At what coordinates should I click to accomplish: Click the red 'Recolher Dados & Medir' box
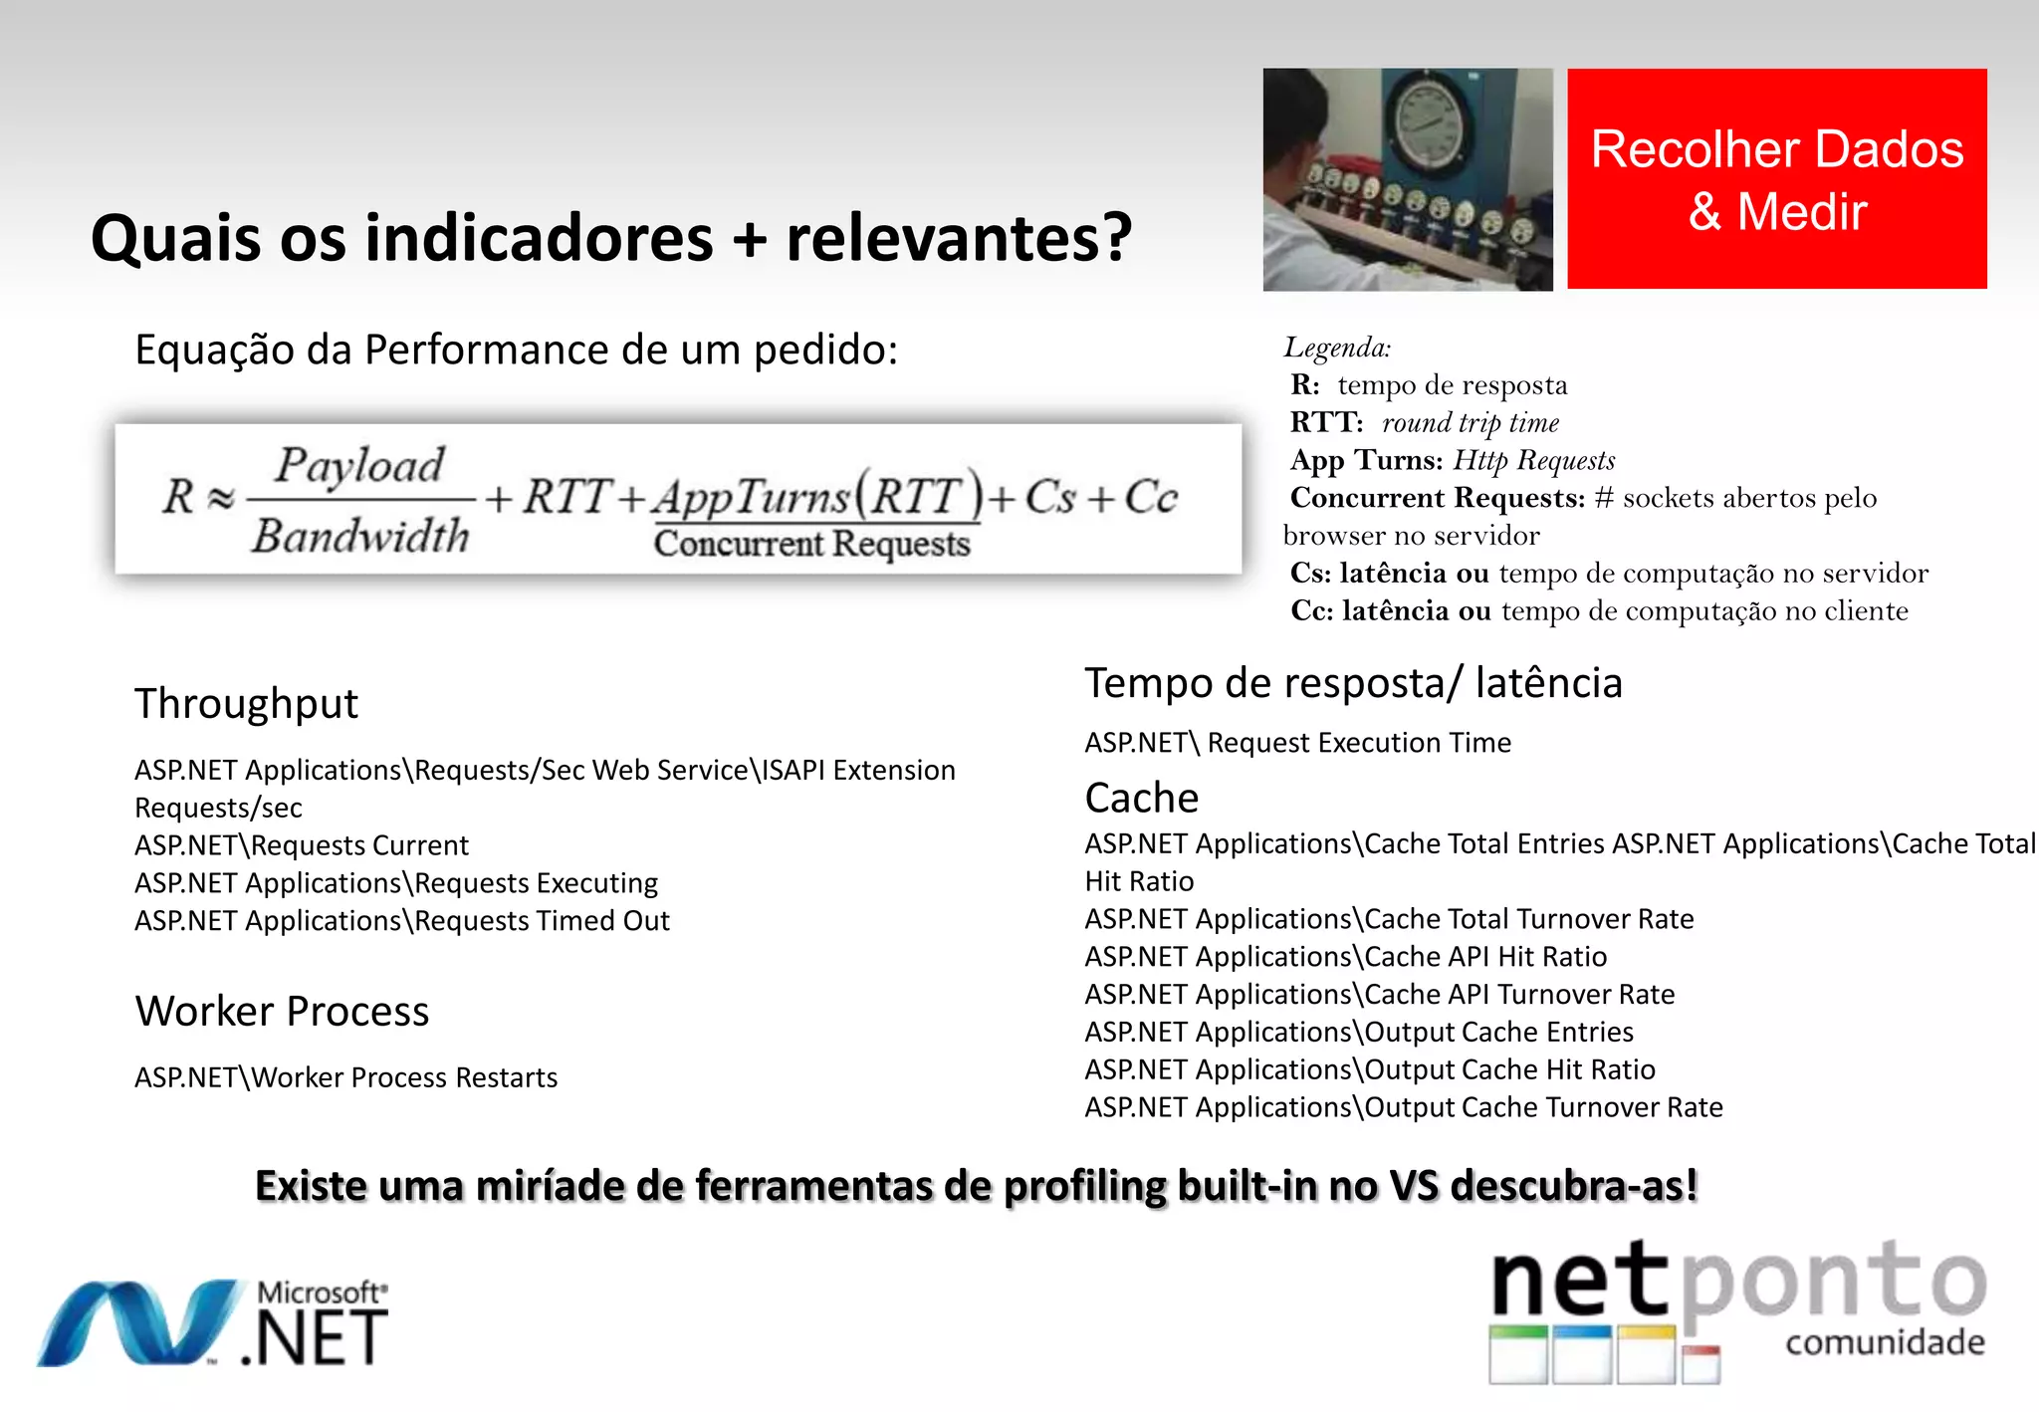1776,179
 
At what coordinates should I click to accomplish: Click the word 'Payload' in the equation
359,466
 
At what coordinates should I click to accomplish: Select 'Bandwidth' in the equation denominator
360,536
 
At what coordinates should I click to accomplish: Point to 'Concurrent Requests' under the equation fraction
811,544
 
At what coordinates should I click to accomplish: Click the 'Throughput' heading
246,703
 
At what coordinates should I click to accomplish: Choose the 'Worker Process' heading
282,1011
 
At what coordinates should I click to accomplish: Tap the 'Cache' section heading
1141,798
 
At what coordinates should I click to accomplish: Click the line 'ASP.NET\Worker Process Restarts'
345,1077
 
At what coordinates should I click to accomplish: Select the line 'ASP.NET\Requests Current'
301,845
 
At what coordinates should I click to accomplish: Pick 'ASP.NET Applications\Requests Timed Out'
401,921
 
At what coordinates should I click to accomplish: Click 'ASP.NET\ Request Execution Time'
1297,743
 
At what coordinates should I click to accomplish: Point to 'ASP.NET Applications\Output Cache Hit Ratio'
1369,1069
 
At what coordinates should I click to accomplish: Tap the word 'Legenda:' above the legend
1336,348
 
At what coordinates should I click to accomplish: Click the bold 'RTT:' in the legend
1325,422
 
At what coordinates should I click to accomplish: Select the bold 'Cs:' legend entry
1310,574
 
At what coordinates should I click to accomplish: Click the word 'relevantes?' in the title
959,239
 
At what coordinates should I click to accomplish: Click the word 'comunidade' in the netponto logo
1884,1342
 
